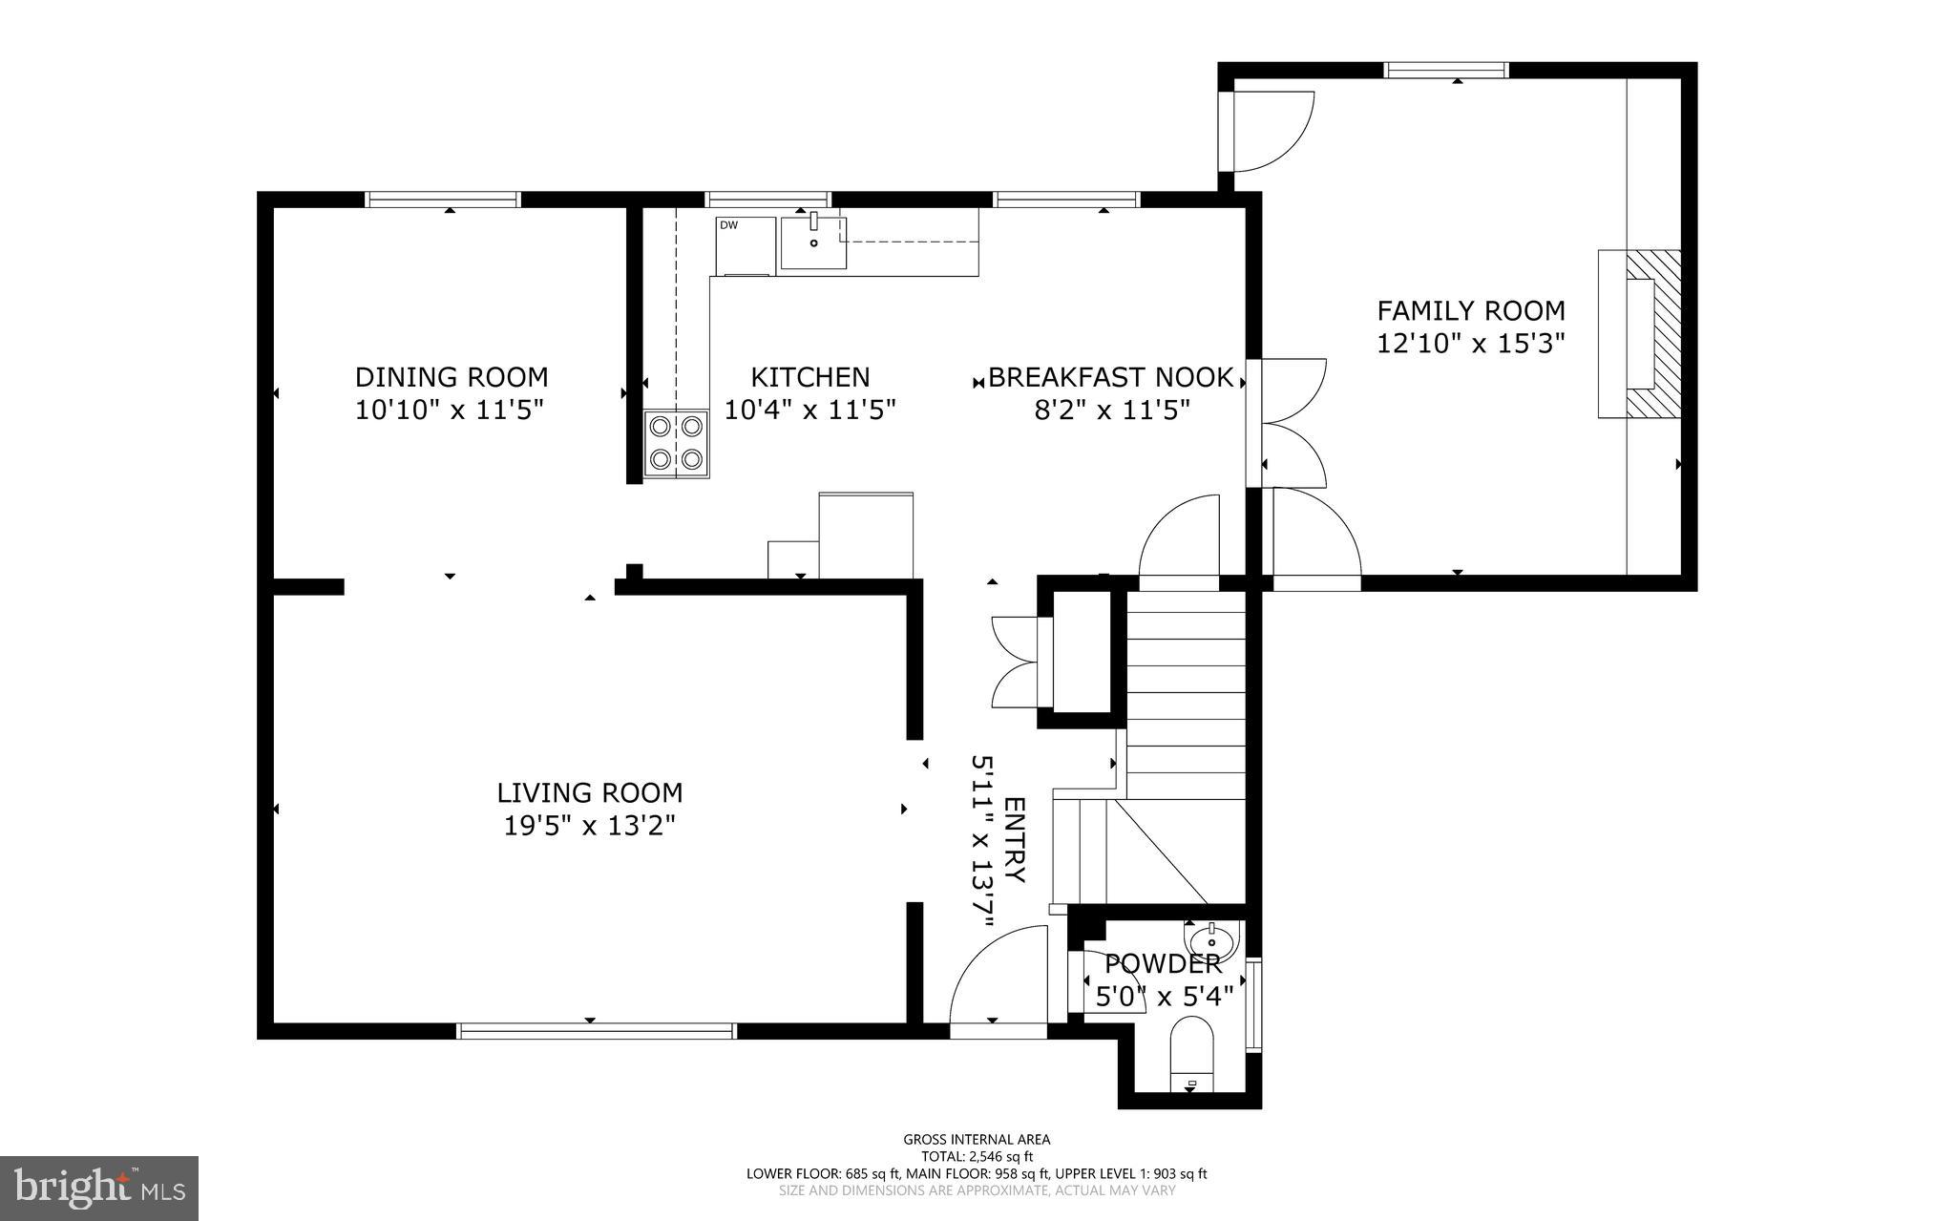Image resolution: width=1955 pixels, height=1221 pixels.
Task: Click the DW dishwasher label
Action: (x=728, y=225)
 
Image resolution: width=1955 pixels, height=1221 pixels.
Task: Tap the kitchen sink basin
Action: (x=813, y=242)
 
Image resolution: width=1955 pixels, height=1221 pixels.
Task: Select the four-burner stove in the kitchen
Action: (x=676, y=444)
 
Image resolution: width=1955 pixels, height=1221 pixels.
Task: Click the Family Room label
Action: (x=1470, y=310)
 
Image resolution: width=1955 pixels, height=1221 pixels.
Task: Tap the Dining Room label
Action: (x=452, y=376)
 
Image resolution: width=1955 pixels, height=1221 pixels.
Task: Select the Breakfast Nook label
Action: (x=1110, y=377)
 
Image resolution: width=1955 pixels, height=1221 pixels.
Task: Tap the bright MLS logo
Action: (x=99, y=1188)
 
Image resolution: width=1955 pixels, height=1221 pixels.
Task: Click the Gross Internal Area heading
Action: (x=977, y=1139)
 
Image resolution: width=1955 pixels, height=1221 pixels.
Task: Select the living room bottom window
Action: (x=597, y=1030)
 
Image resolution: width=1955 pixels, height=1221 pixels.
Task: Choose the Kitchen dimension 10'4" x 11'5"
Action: (x=809, y=411)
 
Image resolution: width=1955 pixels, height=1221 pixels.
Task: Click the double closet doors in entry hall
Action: (x=1014, y=661)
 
